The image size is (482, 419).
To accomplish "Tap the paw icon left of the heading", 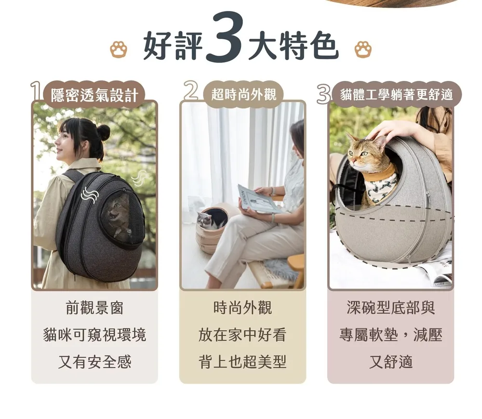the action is tap(119, 49).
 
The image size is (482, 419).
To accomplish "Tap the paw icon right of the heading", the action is tap(363, 49).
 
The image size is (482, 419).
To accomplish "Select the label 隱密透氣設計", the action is tap(94, 95).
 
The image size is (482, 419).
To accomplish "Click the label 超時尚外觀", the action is tap(243, 94).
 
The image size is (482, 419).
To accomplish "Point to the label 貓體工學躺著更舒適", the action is tap(396, 94).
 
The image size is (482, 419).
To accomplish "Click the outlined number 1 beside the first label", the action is tap(37, 91).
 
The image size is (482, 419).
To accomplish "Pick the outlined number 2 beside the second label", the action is tap(191, 91).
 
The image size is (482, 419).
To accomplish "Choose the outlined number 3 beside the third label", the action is tap(323, 94).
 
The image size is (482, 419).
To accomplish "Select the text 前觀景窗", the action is tap(94, 308).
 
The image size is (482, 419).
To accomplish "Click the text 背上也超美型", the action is tap(242, 362).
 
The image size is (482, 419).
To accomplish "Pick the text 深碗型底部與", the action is tap(391, 308).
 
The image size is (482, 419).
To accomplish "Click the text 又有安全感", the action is tap(94, 362).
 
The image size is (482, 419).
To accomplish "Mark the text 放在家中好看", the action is tap(242, 335).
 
